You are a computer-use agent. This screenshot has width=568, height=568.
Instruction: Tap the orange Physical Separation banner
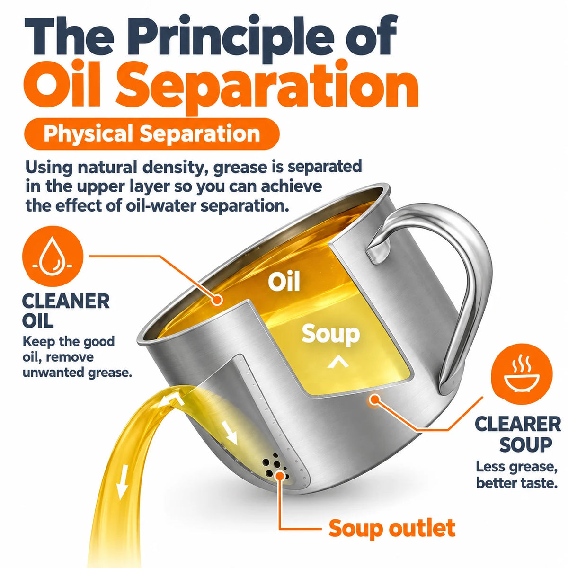(x=152, y=134)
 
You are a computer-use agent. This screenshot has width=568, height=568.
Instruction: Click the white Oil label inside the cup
(x=284, y=281)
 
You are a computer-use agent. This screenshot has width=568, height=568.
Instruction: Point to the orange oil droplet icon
(x=53, y=256)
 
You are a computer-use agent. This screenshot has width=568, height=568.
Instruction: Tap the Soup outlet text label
(x=392, y=528)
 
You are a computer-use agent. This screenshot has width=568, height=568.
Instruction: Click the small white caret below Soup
(x=338, y=362)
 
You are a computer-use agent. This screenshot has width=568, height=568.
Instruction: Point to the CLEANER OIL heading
(x=66, y=311)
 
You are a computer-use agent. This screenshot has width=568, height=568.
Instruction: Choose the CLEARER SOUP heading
(x=518, y=434)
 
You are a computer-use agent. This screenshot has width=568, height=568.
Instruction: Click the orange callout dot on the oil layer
(x=218, y=301)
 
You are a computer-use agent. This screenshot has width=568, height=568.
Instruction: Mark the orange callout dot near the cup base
(x=374, y=400)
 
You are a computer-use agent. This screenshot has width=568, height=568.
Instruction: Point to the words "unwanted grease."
(x=77, y=373)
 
